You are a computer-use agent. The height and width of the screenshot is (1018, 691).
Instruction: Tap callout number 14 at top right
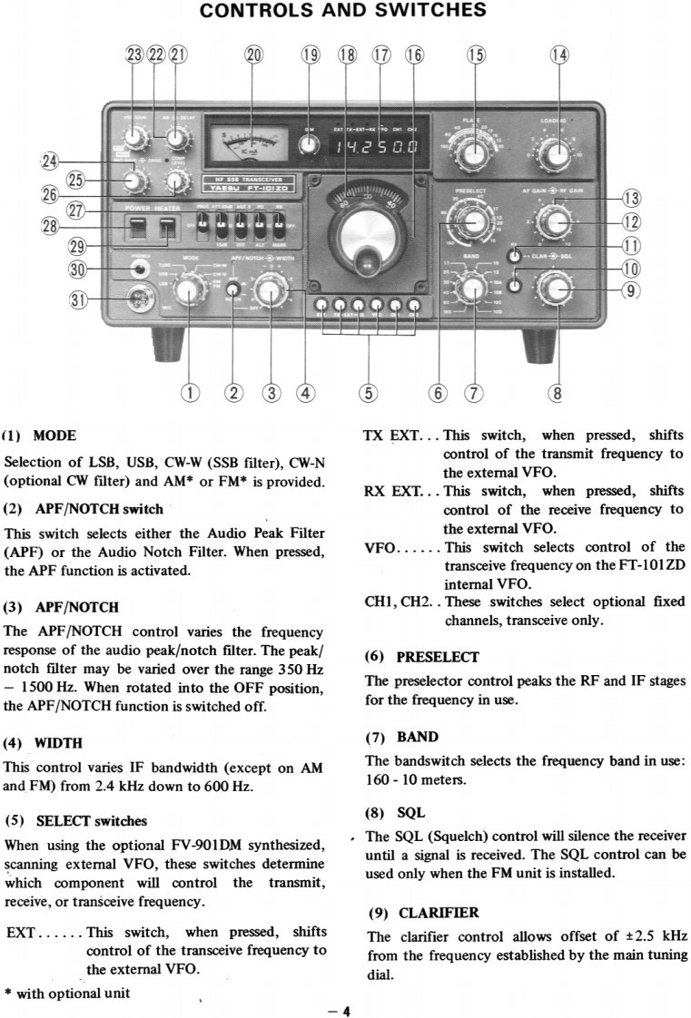tap(559, 54)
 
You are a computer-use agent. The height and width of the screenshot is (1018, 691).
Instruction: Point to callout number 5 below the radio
tap(368, 393)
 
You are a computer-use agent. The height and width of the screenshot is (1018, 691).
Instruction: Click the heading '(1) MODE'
tap(41, 436)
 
